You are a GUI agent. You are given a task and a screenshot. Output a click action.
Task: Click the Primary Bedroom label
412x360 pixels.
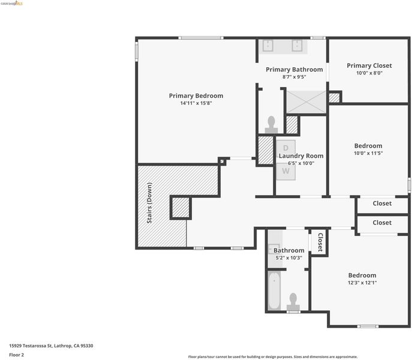[x=196, y=96]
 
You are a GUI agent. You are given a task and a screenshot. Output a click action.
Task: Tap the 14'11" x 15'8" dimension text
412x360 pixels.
[x=196, y=103]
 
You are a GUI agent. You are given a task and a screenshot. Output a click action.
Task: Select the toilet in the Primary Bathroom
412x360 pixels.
[x=271, y=125]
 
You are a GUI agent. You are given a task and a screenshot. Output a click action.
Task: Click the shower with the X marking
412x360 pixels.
[x=306, y=102]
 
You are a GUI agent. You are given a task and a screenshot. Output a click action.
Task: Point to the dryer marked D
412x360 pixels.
[x=285, y=148]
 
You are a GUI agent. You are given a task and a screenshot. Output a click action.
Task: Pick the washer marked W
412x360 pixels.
[x=285, y=172]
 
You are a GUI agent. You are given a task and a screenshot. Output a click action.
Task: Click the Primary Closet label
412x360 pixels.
[x=369, y=65]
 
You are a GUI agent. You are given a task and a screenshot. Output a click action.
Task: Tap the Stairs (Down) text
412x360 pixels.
[x=149, y=203]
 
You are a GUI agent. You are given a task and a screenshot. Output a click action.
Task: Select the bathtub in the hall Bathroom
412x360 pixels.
[x=274, y=290]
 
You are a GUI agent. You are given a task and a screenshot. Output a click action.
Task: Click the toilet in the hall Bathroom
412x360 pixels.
[x=293, y=302]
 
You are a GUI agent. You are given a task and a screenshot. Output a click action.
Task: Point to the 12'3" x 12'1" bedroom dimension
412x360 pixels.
[x=362, y=283]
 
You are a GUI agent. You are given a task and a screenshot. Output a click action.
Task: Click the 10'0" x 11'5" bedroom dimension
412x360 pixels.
[x=368, y=153]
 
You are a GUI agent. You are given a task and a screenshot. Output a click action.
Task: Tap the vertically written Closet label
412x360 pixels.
[x=321, y=242]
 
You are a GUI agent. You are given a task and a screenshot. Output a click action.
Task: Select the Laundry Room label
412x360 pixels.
[x=301, y=156]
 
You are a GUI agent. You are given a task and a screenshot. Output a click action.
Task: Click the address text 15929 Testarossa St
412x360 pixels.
[x=31, y=346]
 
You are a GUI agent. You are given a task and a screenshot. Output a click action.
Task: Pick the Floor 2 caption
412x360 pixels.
[x=16, y=355]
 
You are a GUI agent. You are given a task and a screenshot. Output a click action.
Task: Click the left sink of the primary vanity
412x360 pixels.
[x=267, y=46]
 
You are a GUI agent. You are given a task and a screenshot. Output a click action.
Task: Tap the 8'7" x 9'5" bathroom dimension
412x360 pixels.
[x=294, y=77]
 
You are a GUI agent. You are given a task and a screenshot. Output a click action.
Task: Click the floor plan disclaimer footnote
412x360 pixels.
[x=273, y=357]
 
